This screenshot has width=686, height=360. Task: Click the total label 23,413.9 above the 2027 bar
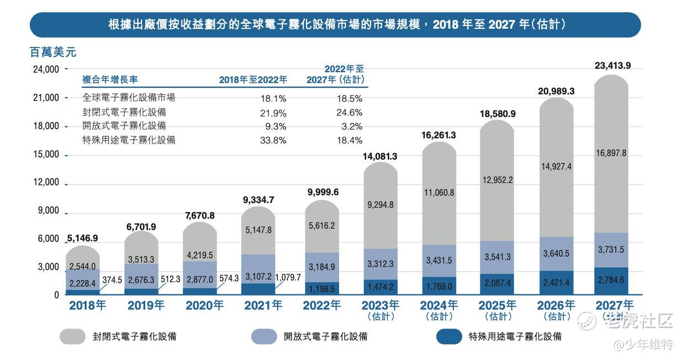[613, 66]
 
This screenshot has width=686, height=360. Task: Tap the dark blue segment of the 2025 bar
[498, 284]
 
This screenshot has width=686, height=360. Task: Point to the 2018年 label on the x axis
[87, 305]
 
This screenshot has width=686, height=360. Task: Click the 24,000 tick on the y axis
[46, 70]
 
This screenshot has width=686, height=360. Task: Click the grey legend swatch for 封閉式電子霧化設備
[72, 336]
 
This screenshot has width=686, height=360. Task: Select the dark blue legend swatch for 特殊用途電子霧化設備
[448, 336]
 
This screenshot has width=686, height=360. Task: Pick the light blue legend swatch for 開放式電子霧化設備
[263, 336]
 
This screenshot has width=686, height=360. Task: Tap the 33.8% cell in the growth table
[273, 140]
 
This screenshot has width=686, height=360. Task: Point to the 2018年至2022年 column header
[253, 80]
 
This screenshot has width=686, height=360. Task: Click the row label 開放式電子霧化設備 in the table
[124, 126]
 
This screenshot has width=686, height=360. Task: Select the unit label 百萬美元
[52, 52]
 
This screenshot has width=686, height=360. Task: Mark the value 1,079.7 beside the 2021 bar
[288, 277]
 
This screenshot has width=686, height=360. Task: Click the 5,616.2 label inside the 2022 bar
[322, 226]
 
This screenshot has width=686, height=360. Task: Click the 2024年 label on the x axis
[439, 305]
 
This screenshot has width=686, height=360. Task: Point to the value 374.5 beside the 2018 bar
[112, 280]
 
